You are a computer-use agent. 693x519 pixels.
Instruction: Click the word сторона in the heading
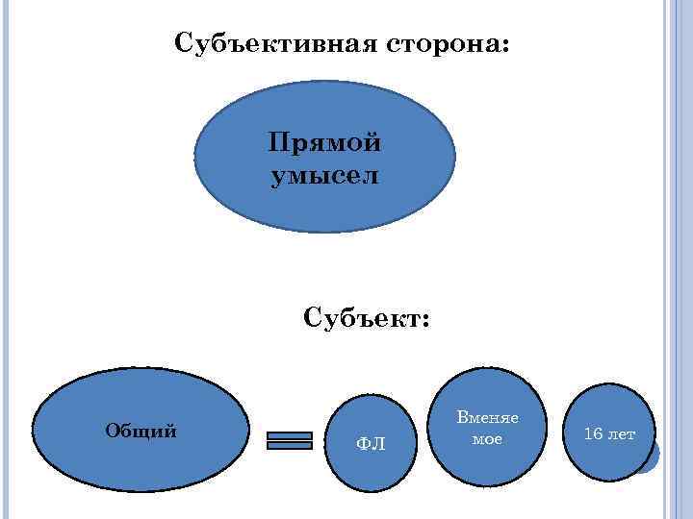click(x=442, y=44)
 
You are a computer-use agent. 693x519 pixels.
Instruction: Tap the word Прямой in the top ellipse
click(x=324, y=143)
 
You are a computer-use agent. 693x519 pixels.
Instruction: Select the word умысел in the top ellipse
click(x=324, y=176)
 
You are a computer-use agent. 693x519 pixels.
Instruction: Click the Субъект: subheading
click(x=367, y=318)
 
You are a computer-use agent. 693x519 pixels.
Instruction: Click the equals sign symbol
click(x=290, y=439)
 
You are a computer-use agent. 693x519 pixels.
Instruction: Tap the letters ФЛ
click(x=371, y=443)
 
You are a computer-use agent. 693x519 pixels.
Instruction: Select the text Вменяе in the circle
click(x=487, y=418)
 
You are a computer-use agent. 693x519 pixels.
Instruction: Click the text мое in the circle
click(x=487, y=438)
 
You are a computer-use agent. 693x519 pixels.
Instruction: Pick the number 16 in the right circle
click(x=594, y=434)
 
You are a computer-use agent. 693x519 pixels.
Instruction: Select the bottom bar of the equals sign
click(x=290, y=445)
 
